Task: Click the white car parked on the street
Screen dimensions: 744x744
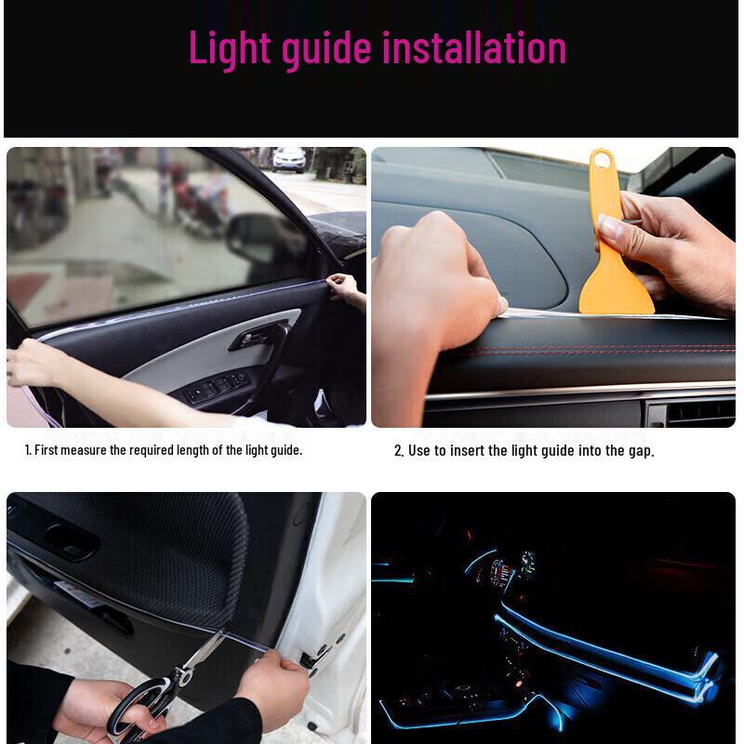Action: [289, 159]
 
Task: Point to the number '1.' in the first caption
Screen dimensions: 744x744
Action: [28, 450]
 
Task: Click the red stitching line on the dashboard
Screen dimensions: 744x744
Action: [595, 352]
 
